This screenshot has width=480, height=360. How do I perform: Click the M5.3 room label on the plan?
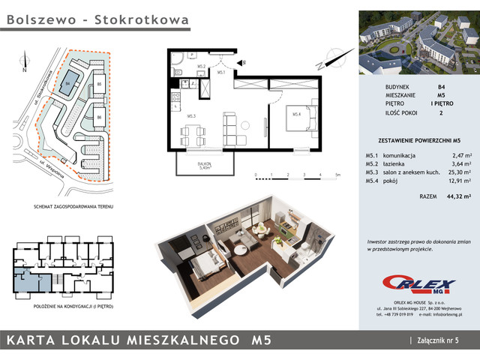tap(191, 116)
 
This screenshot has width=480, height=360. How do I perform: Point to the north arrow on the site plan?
tap(25, 58)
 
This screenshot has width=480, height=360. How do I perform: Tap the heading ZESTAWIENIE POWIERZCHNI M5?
tap(418, 139)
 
